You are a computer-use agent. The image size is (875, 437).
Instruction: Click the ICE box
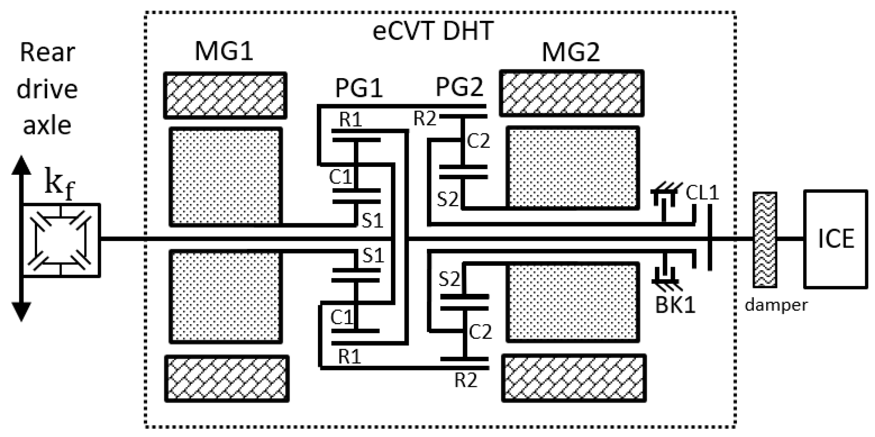(836, 239)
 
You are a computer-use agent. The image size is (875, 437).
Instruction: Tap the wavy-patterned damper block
(765, 239)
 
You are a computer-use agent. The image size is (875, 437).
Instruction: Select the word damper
(776, 305)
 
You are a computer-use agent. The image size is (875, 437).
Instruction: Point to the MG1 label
(224, 51)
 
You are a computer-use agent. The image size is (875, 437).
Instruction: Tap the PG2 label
(459, 87)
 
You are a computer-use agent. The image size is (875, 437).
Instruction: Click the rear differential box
(61, 240)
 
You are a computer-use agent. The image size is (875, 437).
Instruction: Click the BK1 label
(675, 304)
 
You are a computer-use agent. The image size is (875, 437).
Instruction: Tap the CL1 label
(702, 193)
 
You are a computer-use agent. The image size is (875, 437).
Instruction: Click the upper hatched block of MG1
(225, 95)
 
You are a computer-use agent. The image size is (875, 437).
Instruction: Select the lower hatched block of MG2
(574, 378)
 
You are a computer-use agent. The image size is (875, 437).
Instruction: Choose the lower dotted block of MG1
(226, 297)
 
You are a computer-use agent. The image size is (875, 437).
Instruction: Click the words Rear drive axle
(47, 89)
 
